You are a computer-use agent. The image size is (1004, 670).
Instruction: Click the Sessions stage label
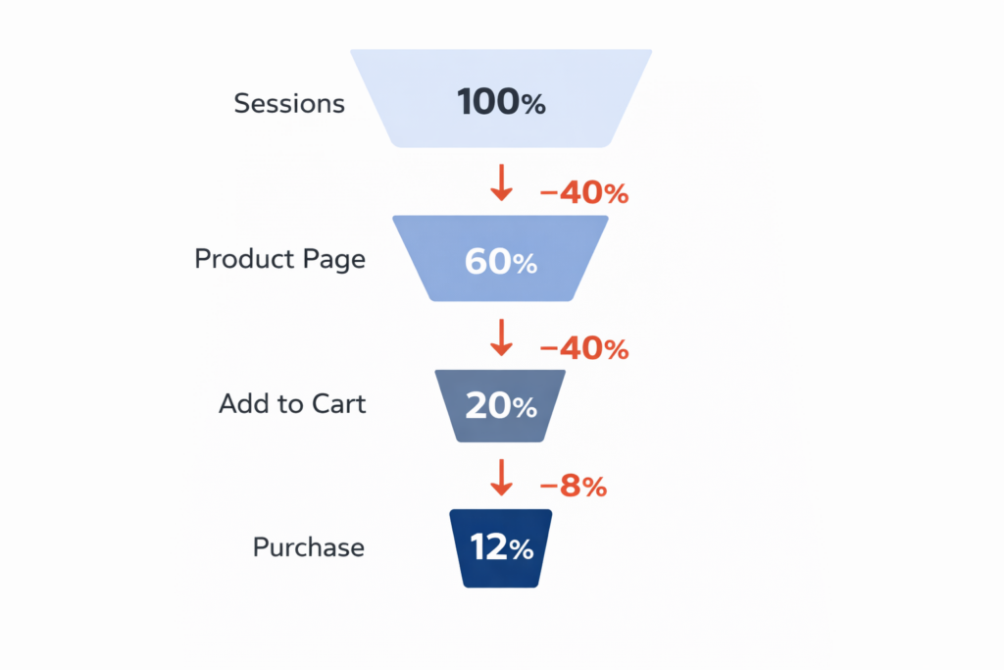click(289, 103)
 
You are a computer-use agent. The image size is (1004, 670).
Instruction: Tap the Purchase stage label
click(308, 546)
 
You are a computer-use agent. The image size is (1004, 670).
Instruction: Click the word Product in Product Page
click(239, 259)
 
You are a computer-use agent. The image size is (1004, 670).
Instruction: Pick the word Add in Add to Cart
click(238, 403)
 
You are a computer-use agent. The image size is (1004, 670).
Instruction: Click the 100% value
click(500, 102)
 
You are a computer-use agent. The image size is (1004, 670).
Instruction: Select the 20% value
click(500, 405)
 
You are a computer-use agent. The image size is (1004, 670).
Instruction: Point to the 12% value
click(500, 547)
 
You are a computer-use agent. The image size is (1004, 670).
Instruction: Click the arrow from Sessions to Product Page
click(501, 181)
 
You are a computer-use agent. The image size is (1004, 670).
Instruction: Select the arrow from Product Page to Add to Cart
click(501, 336)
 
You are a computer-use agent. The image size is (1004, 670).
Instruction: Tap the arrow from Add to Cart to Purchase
click(501, 476)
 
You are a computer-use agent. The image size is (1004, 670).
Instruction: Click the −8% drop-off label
click(574, 486)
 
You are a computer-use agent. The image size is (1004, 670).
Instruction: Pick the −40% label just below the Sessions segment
click(584, 193)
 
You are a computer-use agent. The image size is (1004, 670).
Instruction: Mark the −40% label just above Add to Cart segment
click(584, 348)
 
